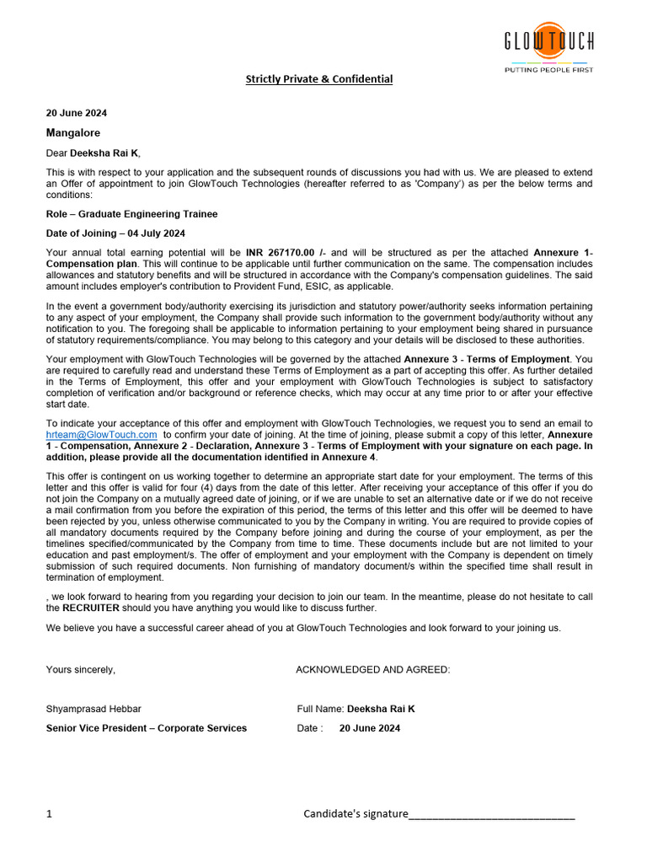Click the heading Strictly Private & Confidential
tap(318, 79)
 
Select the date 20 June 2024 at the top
tap(77, 113)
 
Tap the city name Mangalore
tap(73, 133)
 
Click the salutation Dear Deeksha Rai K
tap(94, 153)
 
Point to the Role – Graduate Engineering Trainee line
tap(131, 214)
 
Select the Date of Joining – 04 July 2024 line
tap(115, 233)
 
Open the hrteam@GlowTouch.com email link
tap(101, 435)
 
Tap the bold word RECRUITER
tap(90, 608)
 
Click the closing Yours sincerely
tap(81, 670)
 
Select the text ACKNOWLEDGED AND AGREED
tap(372, 670)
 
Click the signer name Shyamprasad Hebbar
tap(94, 709)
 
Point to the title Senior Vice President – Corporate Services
tap(147, 728)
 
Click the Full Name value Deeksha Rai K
tap(381, 709)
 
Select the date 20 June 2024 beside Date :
tap(370, 728)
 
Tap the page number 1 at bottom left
tap(49, 814)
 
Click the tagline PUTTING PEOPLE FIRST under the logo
tap(548, 70)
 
